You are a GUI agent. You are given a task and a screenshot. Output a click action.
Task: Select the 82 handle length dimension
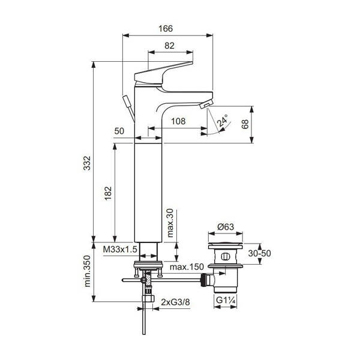(x=170, y=45)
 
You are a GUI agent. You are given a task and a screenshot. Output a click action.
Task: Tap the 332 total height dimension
(x=88, y=163)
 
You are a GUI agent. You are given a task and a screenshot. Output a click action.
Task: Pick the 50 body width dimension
(x=119, y=131)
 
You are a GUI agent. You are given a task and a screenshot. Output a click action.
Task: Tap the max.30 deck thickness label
(x=170, y=223)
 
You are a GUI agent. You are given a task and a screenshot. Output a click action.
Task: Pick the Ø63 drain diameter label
(x=226, y=227)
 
